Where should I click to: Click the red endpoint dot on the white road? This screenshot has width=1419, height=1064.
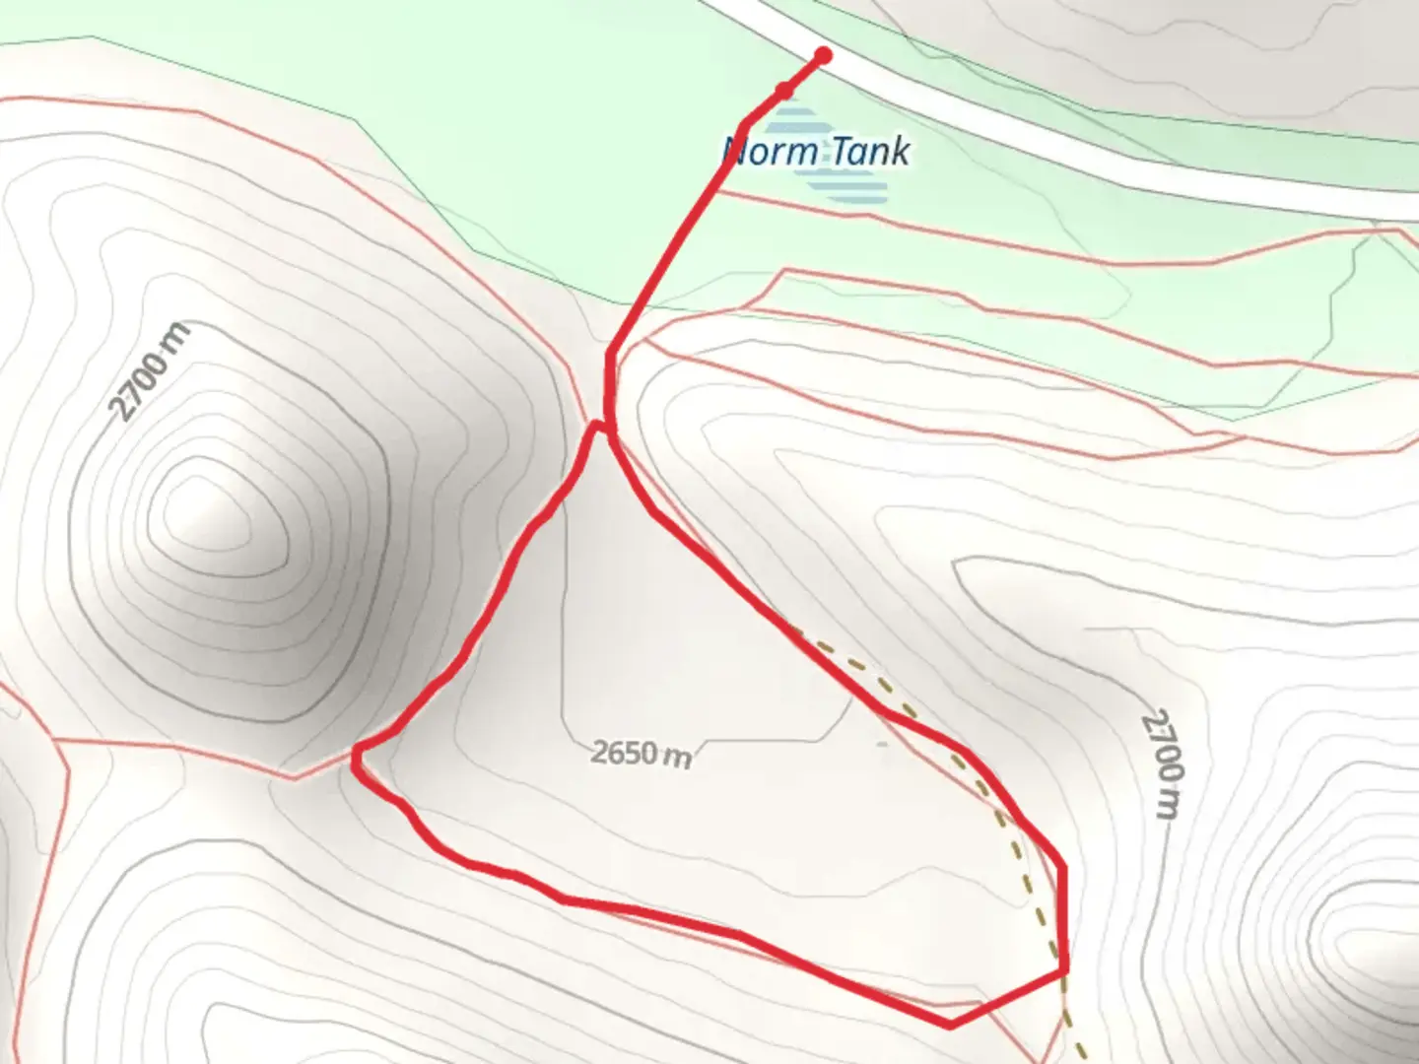pos(822,56)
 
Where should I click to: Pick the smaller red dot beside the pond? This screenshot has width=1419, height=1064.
pos(784,91)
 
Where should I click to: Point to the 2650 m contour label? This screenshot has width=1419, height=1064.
pos(642,754)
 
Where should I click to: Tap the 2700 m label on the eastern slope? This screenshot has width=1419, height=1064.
pos(1163,763)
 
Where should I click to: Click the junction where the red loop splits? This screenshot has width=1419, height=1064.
pos(610,432)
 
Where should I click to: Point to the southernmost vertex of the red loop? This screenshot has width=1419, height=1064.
pos(949,1026)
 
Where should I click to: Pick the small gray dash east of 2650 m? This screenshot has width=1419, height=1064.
pos(882,744)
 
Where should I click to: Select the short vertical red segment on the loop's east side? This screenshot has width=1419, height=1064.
pos(1064,916)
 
